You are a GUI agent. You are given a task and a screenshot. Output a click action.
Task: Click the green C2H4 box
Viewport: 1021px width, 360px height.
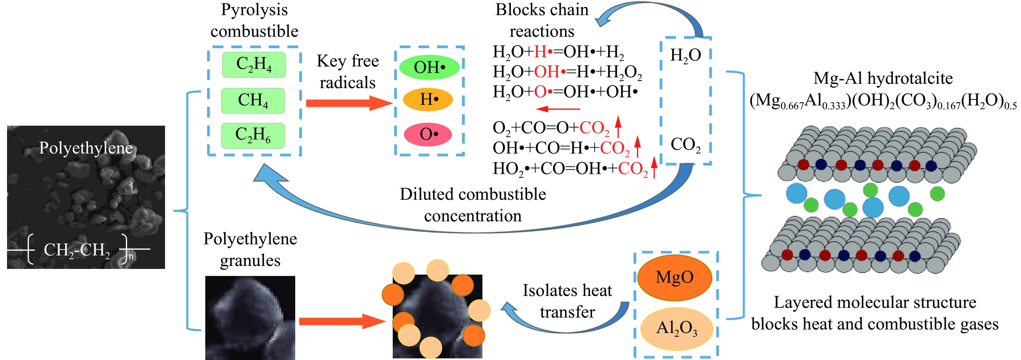pyautogui.click(x=254, y=65)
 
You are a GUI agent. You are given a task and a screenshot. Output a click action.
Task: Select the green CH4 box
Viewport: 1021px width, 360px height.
pyautogui.click(x=253, y=100)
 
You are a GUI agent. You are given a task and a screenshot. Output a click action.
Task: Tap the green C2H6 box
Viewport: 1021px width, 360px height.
pyautogui.click(x=253, y=135)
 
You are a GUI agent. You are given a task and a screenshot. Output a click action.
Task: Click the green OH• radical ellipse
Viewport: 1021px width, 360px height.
pyautogui.click(x=429, y=67)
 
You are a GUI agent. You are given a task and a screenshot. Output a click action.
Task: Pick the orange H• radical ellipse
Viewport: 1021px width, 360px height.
pyautogui.click(x=428, y=99)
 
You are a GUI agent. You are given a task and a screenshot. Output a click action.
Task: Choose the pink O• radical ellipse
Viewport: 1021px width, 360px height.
pyautogui.click(x=428, y=134)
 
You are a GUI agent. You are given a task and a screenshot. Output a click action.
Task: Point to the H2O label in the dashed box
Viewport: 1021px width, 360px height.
pyautogui.click(x=685, y=55)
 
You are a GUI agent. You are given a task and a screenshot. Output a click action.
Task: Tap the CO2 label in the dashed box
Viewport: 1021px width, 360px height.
pyautogui.click(x=685, y=145)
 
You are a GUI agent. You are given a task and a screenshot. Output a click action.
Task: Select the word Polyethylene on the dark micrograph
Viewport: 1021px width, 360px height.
pyautogui.click(x=86, y=148)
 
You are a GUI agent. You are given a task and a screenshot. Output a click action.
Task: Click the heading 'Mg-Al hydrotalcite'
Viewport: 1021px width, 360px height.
pyautogui.click(x=883, y=78)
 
